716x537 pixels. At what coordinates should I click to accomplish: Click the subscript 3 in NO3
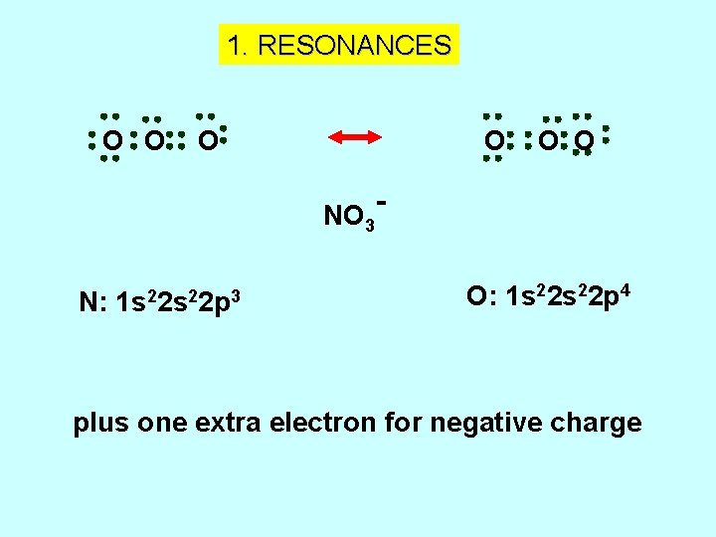point(370,224)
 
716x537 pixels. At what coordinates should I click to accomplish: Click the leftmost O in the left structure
point(112,143)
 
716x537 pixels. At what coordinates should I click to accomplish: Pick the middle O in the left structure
point(153,143)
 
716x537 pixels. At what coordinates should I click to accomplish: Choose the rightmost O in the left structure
point(205,143)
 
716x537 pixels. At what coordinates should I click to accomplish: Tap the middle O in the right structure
point(547,142)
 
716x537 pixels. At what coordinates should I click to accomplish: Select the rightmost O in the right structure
point(585,142)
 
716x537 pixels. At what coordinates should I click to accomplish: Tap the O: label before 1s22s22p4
point(480,296)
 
